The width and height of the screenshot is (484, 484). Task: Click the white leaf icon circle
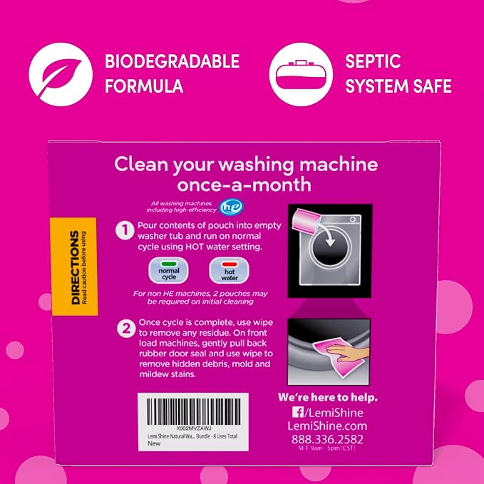click(x=61, y=74)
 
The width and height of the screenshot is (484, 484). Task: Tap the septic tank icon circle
click(x=301, y=74)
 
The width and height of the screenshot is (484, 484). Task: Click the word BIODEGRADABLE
click(x=173, y=61)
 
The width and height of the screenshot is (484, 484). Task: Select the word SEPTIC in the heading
click(x=373, y=61)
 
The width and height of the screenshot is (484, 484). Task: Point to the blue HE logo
click(x=232, y=207)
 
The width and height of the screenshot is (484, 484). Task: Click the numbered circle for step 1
click(x=125, y=230)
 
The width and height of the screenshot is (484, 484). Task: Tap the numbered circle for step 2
click(x=126, y=328)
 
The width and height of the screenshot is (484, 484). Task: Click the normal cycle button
click(x=168, y=270)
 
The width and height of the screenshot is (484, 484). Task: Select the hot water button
click(x=229, y=271)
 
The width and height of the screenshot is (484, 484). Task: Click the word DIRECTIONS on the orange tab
click(x=75, y=267)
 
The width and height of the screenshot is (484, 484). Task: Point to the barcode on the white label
click(x=194, y=411)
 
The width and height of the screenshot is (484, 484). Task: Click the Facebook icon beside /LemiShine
click(x=298, y=413)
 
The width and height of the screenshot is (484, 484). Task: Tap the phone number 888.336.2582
click(x=327, y=439)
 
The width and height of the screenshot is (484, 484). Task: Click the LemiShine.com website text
click(x=327, y=426)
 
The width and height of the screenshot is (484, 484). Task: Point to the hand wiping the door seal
click(x=348, y=351)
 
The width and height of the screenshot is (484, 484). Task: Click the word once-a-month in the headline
click(x=244, y=185)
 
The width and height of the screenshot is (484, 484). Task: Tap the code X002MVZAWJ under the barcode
click(x=194, y=428)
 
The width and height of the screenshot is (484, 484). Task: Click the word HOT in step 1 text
click(x=195, y=247)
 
